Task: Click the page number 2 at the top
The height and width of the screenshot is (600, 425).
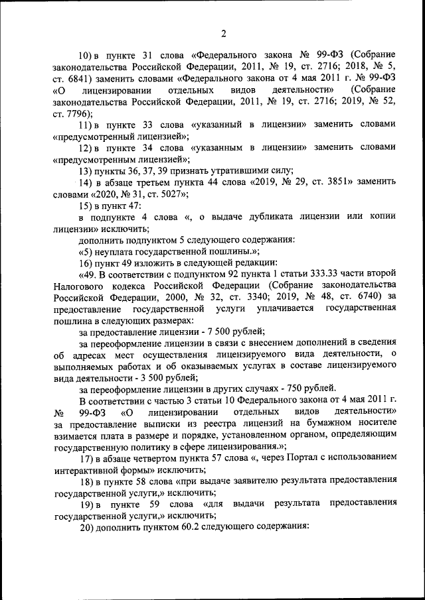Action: [224, 34]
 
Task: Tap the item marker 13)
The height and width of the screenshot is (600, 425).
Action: [88, 171]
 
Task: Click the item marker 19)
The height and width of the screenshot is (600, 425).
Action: [88, 505]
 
